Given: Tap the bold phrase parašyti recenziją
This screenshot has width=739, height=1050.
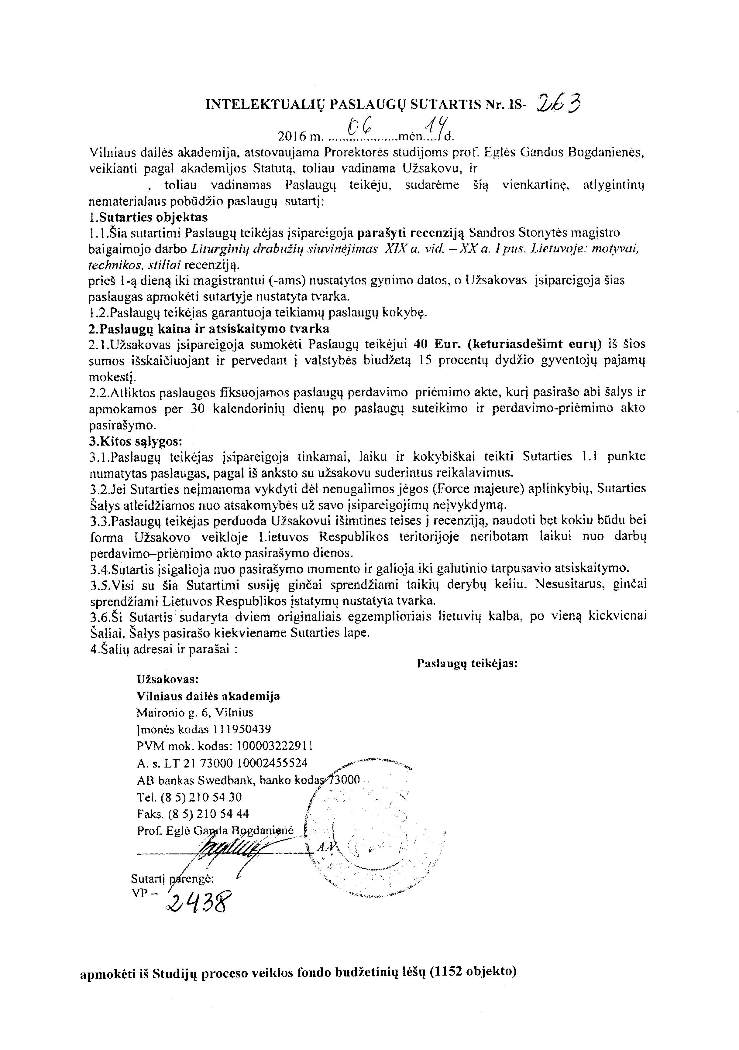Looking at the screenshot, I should [x=411, y=233].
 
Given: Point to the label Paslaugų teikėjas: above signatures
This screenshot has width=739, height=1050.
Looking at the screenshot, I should [x=467, y=664].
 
